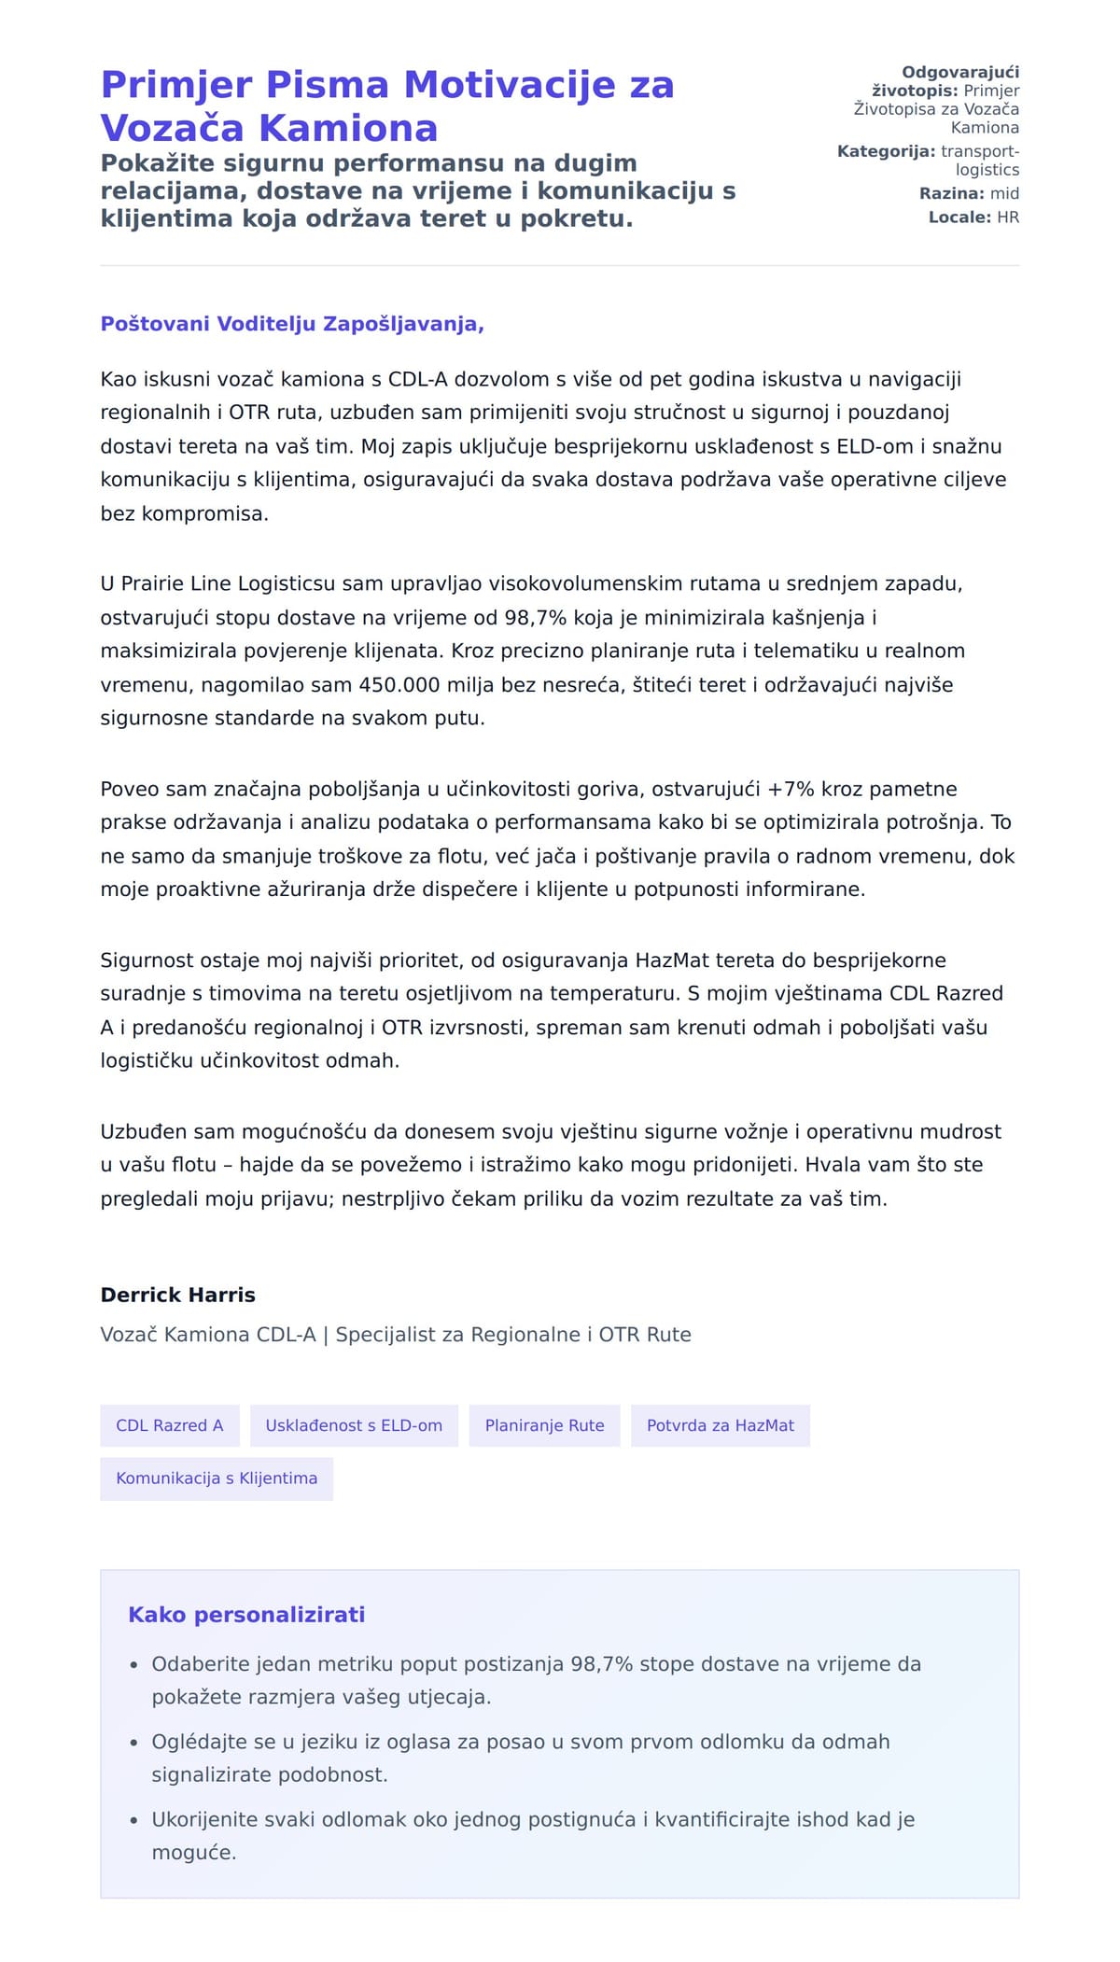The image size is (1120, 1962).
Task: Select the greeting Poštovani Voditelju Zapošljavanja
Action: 292,324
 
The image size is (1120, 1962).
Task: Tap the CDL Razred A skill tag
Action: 170,1425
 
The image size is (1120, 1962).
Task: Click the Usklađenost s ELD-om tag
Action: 354,1425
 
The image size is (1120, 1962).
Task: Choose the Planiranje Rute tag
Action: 544,1425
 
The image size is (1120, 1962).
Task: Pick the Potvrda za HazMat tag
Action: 720,1425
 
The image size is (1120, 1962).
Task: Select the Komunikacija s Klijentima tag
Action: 217,1478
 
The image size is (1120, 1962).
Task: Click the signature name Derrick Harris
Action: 177,1295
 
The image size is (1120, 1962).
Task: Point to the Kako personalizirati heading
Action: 246,1615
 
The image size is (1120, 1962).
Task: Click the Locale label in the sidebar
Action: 959,217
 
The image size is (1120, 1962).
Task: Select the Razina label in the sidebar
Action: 951,194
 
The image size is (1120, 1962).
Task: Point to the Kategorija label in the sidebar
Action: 886,151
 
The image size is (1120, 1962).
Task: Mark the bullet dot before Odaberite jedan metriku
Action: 134,1664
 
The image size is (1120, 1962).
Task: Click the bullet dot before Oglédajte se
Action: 134,1742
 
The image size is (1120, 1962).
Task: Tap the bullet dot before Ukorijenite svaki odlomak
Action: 134,1819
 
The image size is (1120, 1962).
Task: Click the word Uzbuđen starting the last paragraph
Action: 139,1131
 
